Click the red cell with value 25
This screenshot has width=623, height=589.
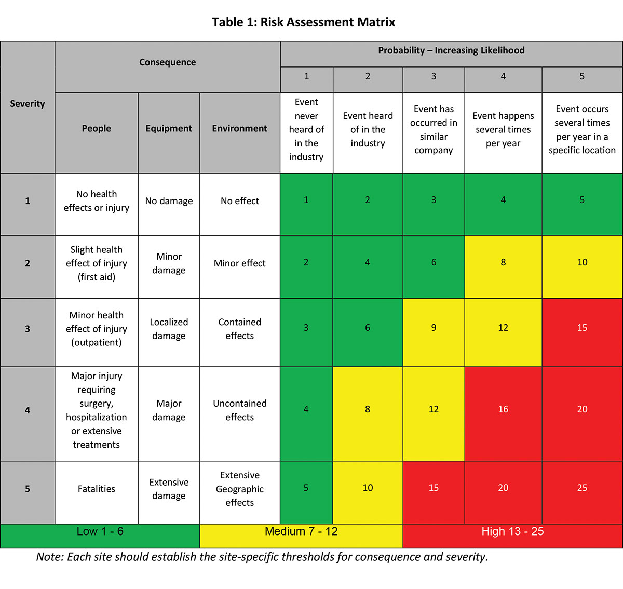(x=582, y=488)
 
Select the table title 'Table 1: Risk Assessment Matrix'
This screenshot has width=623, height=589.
(x=303, y=22)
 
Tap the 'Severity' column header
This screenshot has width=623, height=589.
(x=28, y=104)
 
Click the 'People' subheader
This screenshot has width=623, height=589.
(x=97, y=129)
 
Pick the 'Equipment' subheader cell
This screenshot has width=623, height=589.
(x=169, y=129)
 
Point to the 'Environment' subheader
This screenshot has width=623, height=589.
(x=239, y=129)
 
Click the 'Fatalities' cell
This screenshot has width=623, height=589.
(x=97, y=489)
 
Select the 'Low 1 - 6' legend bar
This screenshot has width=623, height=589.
(x=100, y=532)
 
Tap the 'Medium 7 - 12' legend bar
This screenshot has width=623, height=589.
(x=301, y=532)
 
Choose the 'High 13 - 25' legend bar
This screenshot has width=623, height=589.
(x=512, y=532)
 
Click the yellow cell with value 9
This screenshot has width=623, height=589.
(x=434, y=328)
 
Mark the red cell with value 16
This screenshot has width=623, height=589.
(x=503, y=410)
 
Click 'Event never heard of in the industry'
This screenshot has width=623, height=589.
(x=306, y=130)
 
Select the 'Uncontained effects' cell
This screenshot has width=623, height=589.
(x=239, y=410)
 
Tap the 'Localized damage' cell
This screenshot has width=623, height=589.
(x=169, y=329)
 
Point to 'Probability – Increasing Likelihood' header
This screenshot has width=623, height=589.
(x=451, y=51)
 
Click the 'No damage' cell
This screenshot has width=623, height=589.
(x=169, y=201)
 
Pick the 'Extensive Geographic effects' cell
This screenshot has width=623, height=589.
(x=239, y=489)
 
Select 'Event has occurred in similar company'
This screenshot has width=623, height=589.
(x=434, y=130)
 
